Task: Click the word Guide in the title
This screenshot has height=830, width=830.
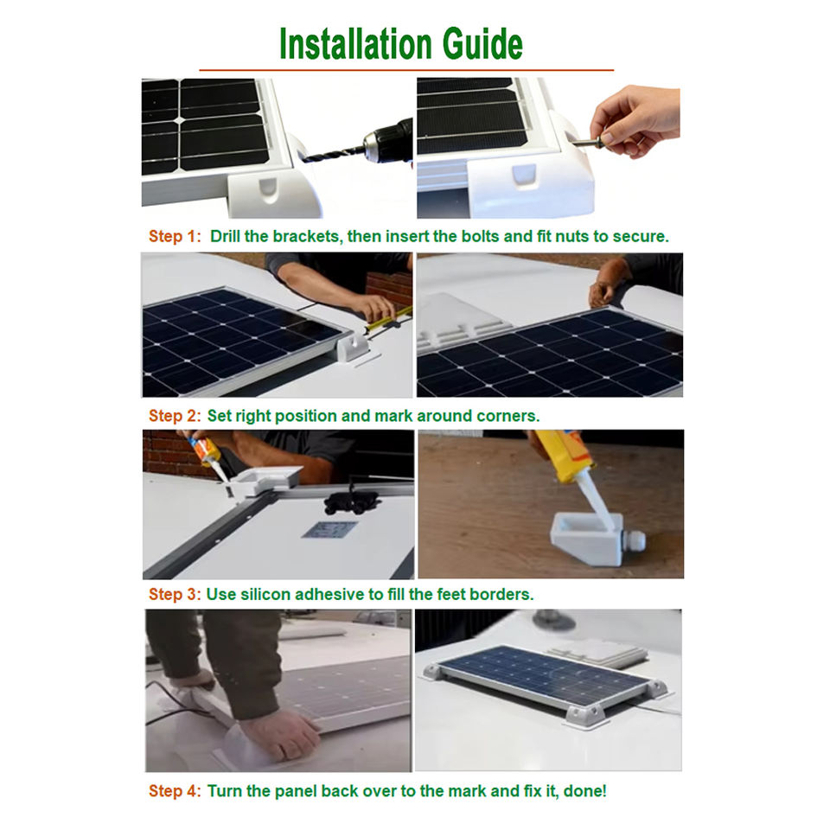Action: tap(482, 44)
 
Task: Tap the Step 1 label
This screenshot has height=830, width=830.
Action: tap(175, 236)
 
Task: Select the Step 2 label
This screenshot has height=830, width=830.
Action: tap(175, 416)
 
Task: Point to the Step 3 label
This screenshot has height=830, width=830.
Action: tap(175, 595)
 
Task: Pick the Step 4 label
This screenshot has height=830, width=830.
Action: tap(175, 791)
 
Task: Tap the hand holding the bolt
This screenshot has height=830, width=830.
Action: tap(635, 121)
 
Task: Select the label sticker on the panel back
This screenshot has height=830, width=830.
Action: tap(329, 529)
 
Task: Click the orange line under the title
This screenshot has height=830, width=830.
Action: tap(406, 69)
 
